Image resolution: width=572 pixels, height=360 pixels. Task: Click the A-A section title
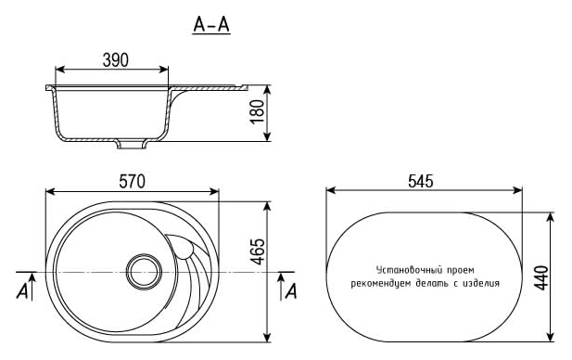211,25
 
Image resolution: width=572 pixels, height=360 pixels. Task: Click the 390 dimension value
116,60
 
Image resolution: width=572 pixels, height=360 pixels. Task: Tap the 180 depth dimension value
258,111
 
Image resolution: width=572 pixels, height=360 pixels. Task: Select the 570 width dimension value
132,182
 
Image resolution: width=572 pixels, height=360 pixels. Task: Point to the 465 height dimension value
258,251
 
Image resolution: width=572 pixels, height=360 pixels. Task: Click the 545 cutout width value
421,181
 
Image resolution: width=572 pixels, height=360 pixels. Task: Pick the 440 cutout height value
541,277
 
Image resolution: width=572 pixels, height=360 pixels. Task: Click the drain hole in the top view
144,272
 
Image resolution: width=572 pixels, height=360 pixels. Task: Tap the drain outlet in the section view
132,145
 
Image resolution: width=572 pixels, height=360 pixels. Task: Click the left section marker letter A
22,291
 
